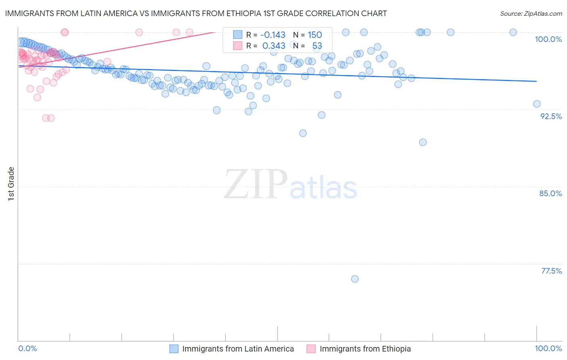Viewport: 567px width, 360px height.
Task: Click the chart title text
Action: pyautogui.click(x=196, y=13)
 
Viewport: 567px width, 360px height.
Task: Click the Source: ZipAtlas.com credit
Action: pyautogui.click(x=531, y=13)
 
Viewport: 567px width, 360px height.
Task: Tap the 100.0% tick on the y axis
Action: pyautogui.click(x=548, y=39)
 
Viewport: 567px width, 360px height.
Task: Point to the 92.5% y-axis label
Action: pyautogui.click(x=551, y=116)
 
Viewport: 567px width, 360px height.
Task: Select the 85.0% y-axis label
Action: pyautogui.click(x=550, y=193)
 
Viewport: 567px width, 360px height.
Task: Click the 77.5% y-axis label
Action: pyautogui.click(x=551, y=271)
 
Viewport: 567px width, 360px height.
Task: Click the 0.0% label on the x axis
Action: pyautogui.click(x=27, y=348)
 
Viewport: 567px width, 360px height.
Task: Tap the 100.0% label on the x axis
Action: pyautogui.click(x=548, y=348)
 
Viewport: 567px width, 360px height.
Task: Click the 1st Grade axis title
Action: pyautogui.click(x=11, y=184)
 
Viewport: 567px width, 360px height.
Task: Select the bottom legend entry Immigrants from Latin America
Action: pyautogui.click(x=238, y=349)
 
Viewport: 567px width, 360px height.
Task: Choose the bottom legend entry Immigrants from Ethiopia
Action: pyautogui.click(x=365, y=349)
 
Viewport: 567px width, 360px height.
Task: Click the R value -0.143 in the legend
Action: pyautogui.click(x=273, y=35)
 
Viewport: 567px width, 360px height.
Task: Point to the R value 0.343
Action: pyautogui.click(x=274, y=46)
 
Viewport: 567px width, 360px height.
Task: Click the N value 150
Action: pyautogui.click(x=315, y=35)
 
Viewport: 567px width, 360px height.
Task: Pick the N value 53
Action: pyautogui.click(x=317, y=46)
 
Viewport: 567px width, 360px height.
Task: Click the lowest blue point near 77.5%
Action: pyautogui.click(x=355, y=279)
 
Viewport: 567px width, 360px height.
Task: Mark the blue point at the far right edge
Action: pyautogui.click(x=537, y=104)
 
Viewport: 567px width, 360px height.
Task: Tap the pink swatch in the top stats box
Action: pyautogui.click(x=238, y=46)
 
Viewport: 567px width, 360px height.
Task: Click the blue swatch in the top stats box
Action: pyautogui.click(x=238, y=35)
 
